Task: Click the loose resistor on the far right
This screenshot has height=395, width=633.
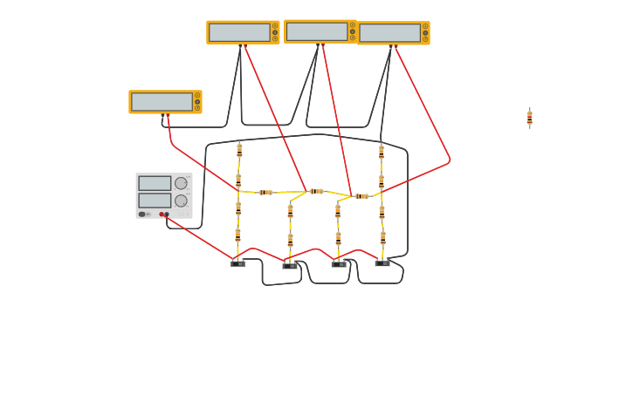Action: point(529,119)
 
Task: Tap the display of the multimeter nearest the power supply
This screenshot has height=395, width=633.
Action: point(162,102)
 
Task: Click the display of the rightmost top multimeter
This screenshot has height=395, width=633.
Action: point(389,33)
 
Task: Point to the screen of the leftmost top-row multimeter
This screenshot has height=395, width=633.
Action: point(239,32)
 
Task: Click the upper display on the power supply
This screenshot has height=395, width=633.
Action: point(155,183)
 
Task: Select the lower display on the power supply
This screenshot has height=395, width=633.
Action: point(155,200)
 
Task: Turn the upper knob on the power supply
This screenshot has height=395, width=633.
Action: point(181,183)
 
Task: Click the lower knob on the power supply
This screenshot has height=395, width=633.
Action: point(181,201)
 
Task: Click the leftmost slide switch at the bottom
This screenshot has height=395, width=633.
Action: point(237,262)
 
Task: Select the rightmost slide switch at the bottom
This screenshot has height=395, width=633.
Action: point(382,262)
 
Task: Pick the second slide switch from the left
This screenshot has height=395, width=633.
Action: point(290,265)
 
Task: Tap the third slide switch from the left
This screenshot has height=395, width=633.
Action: point(339,263)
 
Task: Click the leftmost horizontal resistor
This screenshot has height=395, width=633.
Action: point(265,192)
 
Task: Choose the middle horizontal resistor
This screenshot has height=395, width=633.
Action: point(316,191)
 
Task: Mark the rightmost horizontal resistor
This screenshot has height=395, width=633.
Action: point(361,196)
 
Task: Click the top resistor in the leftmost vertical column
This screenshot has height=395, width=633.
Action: point(239,149)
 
